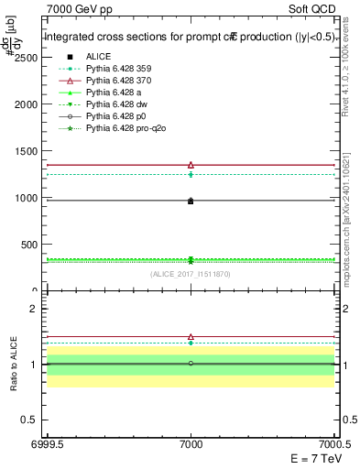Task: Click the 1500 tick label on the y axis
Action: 26,151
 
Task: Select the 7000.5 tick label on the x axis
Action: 335,443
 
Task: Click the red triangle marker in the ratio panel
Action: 191,337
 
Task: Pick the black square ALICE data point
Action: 191,201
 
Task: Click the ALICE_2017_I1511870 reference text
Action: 191,274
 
